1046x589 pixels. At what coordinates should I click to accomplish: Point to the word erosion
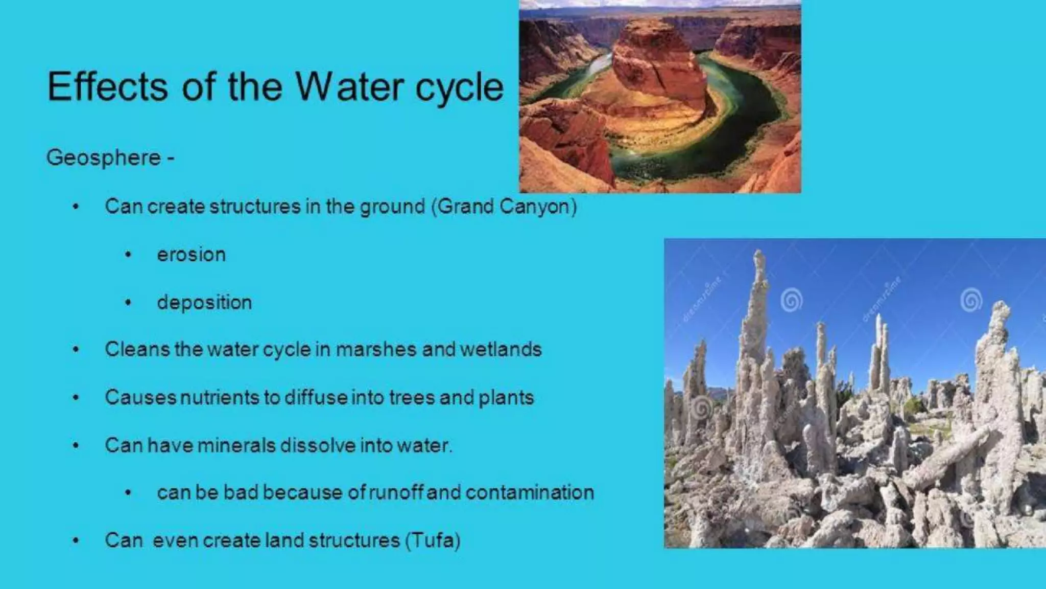pos(191,255)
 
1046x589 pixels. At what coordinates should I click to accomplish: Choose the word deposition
pos(204,302)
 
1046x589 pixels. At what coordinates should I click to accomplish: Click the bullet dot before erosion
pos(128,255)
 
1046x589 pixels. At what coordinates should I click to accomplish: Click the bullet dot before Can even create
pos(76,540)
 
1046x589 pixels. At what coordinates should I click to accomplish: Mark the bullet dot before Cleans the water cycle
pos(76,350)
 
